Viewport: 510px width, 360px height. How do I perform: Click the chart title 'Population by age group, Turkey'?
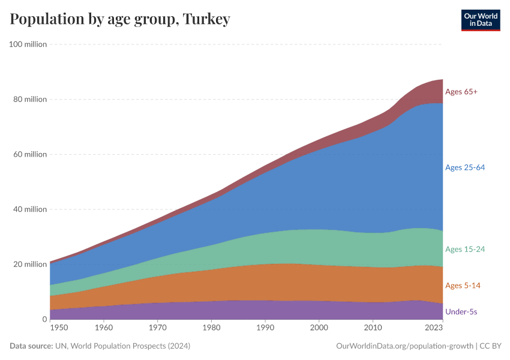(120, 19)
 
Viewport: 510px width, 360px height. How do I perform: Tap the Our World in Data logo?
(480, 20)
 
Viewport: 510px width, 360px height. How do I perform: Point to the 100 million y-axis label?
(28, 44)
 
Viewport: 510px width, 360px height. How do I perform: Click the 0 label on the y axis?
(44, 319)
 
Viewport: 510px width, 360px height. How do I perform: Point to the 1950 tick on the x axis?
(59, 328)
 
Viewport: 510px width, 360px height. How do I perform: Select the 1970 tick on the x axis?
(158, 328)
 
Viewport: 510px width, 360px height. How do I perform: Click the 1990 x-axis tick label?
(265, 328)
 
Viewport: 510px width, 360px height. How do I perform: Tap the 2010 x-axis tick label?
(373, 328)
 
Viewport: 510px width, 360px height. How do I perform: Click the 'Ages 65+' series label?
(461, 92)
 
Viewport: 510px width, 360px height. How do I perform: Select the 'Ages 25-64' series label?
(464, 167)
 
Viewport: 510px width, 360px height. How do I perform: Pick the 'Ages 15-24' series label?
(464, 249)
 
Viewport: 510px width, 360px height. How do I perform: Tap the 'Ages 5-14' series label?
(463, 286)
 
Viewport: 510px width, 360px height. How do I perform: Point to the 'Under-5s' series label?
(461, 312)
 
